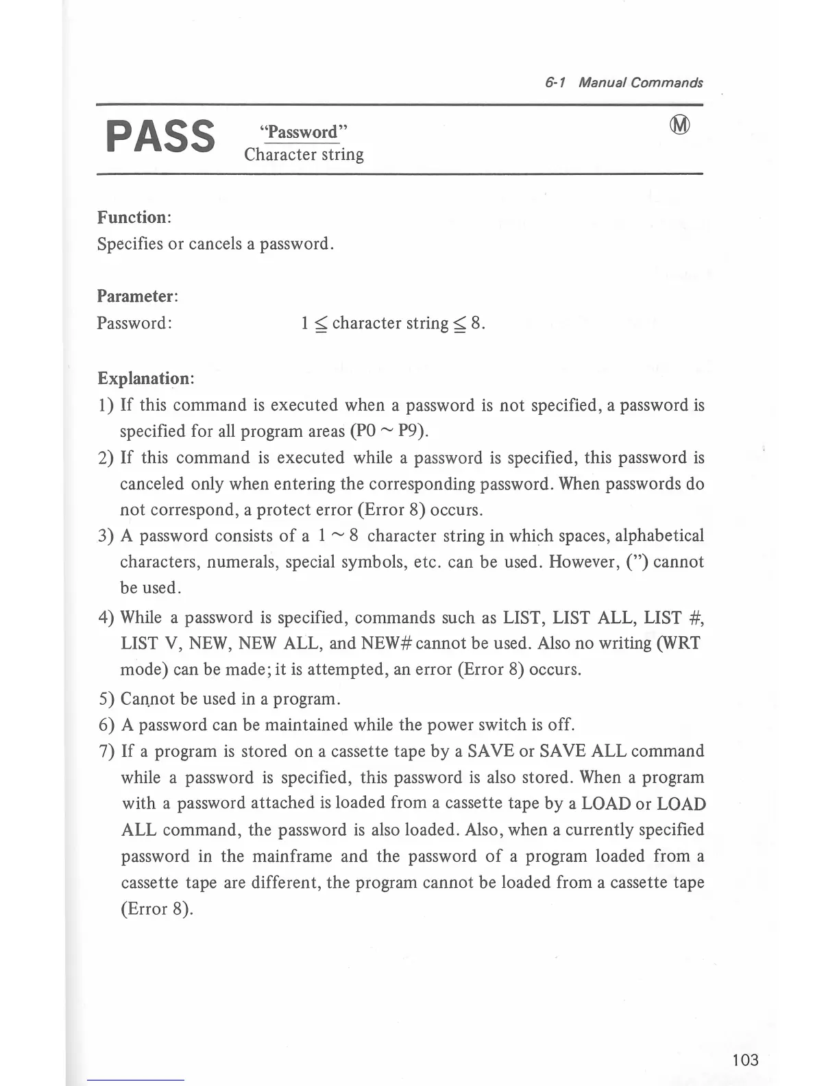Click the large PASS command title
pyautogui.click(x=160, y=136)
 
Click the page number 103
pyautogui.click(x=745, y=1060)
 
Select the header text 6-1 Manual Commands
pyautogui.click(x=624, y=83)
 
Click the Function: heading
pyautogui.click(x=134, y=217)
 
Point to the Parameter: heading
pyautogui.click(x=137, y=296)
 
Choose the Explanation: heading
pyautogui.click(x=145, y=378)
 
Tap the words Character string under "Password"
pyautogui.click(x=304, y=154)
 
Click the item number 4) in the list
pyautogui.click(x=106, y=618)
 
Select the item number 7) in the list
pyautogui.click(x=107, y=751)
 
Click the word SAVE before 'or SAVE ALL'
pyautogui.click(x=491, y=751)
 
